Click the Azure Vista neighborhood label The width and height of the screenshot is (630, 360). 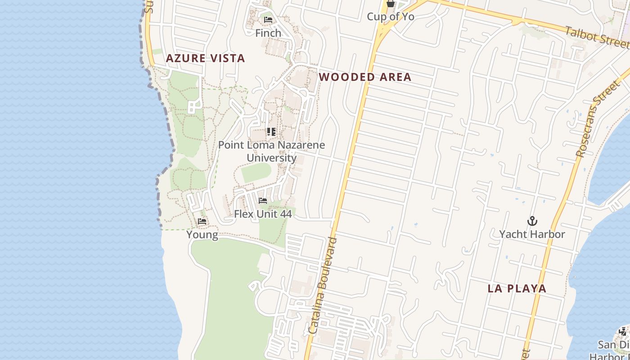coord(205,58)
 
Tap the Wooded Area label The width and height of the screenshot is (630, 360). coord(365,77)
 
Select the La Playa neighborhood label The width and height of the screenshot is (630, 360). coord(517,288)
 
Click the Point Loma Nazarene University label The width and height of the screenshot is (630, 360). coord(271,151)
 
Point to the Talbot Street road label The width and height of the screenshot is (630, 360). coord(596,37)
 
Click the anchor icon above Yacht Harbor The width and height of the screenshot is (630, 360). coord(532,221)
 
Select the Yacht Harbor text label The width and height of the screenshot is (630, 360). coord(532,234)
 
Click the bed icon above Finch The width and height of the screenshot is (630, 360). coord(268,20)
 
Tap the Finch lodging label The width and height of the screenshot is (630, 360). coord(268,33)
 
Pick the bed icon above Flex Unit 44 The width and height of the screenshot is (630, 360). coord(263,201)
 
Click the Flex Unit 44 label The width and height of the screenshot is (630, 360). coord(263,214)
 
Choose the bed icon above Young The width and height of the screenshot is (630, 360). coord(202,221)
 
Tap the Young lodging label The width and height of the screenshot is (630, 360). coord(202,234)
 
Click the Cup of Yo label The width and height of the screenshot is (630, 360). coord(390,17)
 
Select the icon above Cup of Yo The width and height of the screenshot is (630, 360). coord(390,4)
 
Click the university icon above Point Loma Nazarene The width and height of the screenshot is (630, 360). coord(271,132)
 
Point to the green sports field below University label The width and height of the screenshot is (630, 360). coord(256,173)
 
